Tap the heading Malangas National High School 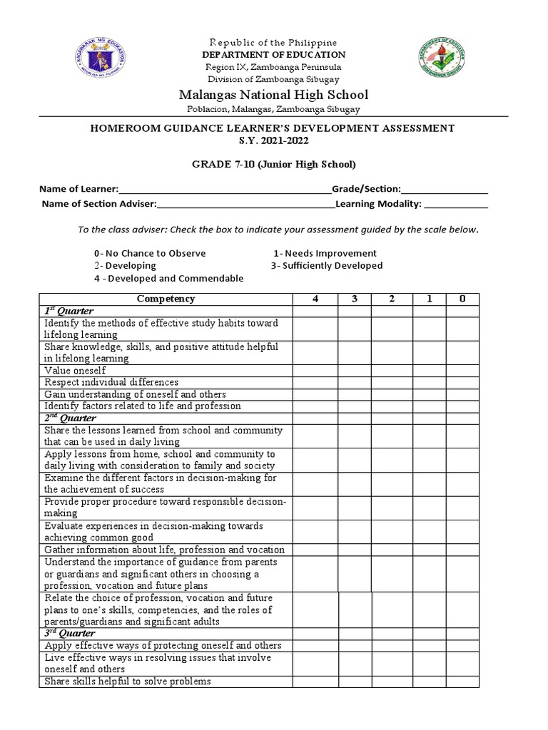pyautogui.click(x=273, y=95)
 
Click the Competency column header pyautogui.click(x=166, y=299)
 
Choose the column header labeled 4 pyautogui.click(x=315, y=299)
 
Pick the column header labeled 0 pyautogui.click(x=462, y=299)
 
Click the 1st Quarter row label pyautogui.click(x=69, y=312)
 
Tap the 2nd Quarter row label pyautogui.click(x=70, y=418)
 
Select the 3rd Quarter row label pyautogui.click(x=69, y=634)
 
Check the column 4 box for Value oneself pyautogui.click(x=315, y=371)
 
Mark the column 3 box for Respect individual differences pyautogui.click(x=355, y=383)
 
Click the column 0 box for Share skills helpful pyautogui.click(x=462, y=682)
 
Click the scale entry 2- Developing pyautogui.click(x=125, y=266)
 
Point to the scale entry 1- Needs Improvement pyautogui.click(x=325, y=254)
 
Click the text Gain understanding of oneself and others pyautogui.click(x=135, y=394)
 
